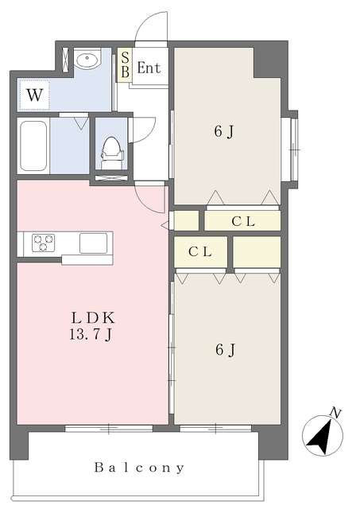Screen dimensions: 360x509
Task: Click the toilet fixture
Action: (112, 153)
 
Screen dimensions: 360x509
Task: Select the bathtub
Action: (33, 146)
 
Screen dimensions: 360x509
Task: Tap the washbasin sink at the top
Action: (87, 60)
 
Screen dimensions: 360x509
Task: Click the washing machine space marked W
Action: (34, 95)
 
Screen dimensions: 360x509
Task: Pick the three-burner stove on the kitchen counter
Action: (43, 243)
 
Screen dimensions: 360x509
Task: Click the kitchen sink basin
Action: (94, 243)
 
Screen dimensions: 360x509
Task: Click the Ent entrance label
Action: (149, 68)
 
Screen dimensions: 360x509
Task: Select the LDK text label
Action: (93, 318)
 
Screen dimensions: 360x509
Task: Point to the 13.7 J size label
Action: (91, 334)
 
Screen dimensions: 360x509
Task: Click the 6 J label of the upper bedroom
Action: (224, 131)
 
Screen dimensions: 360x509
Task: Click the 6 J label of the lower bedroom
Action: (225, 350)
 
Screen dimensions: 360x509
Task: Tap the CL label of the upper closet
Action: (243, 221)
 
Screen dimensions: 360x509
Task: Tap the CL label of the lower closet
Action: (200, 251)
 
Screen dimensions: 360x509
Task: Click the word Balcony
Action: (139, 468)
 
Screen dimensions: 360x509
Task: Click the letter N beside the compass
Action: (335, 413)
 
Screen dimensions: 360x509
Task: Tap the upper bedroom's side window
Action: (293, 150)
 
